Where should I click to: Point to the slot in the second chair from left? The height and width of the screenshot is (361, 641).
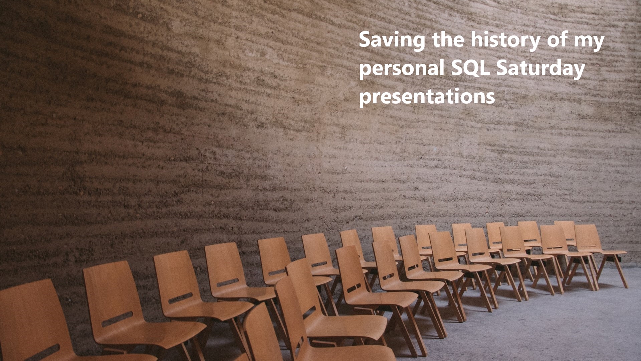pyautogui.click(x=117, y=319)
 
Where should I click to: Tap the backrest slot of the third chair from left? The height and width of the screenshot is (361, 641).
pyautogui.click(x=180, y=298)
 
